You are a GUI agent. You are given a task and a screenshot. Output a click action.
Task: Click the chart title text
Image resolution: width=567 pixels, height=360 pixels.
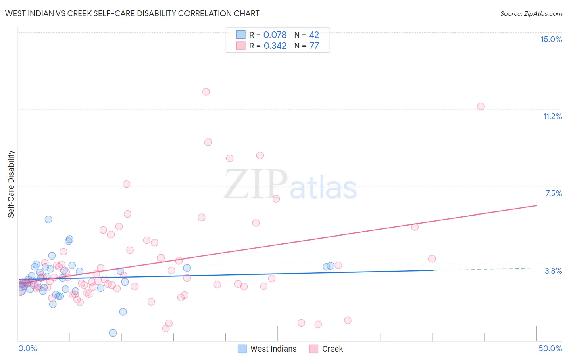coord(132,13)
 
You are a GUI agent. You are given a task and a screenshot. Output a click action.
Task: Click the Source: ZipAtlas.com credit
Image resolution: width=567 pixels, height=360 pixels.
coord(531,13)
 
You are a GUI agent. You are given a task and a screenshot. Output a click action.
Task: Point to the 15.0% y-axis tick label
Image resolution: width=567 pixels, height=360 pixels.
coord(551,39)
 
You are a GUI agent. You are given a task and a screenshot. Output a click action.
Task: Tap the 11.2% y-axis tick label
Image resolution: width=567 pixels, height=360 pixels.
coord(552,116)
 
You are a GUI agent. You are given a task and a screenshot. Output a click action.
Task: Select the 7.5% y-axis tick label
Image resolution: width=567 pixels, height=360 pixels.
coord(553,193)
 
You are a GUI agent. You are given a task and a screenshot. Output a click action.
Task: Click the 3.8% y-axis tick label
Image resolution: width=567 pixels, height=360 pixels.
coord(553,271)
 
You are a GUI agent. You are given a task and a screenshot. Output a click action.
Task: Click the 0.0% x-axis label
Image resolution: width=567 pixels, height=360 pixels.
coord(27,348)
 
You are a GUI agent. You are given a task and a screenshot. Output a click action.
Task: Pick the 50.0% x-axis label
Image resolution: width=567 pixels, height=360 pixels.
coord(550,348)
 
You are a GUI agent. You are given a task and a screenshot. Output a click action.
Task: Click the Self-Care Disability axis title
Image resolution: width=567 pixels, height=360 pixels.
coord(11,184)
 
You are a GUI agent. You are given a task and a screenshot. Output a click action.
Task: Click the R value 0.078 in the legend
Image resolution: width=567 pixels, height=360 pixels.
coord(275,35)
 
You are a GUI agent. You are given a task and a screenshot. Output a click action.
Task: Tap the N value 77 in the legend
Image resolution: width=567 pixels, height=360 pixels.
coord(314,46)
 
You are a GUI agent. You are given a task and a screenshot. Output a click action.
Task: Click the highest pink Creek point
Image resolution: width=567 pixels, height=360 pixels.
coord(206,92)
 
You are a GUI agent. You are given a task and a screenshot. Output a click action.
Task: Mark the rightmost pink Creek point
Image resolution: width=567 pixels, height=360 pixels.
coord(481,107)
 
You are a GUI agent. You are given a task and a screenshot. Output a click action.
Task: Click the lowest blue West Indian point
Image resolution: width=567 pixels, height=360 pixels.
coord(113,333)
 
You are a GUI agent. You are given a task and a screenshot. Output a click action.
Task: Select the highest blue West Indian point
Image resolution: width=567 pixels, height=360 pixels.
coord(48,220)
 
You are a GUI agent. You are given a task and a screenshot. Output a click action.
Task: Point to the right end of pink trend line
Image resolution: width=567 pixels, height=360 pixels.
coord(536,205)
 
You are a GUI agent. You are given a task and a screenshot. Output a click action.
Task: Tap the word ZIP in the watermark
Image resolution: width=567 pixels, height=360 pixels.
coord(255,184)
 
